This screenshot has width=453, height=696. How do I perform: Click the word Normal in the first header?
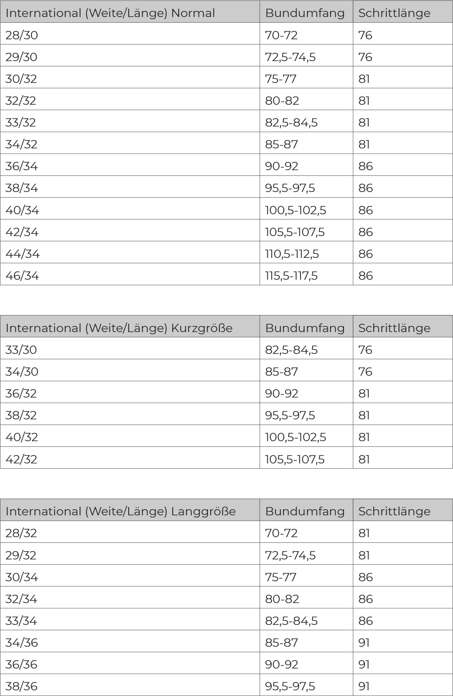tap(193, 13)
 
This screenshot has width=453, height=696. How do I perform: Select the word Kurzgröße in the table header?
tap(201, 328)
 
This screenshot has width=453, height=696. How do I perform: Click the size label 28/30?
tap(21, 35)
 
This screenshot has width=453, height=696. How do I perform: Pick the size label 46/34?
tap(22, 275)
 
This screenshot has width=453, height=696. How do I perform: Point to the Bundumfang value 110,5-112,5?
tap(292, 254)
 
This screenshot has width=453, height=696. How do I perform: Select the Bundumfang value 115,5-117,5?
tap(291, 275)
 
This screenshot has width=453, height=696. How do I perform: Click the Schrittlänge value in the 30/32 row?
tap(364, 79)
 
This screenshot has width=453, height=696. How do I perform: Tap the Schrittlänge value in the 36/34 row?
tap(365, 166)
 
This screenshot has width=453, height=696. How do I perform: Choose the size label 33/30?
tap(21, 350)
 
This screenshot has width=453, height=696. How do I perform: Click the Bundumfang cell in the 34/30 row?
tap(281, 371)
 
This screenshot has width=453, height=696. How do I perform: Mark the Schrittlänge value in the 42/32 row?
tap(364, 459)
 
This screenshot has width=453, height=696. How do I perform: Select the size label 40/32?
tap(21, 437)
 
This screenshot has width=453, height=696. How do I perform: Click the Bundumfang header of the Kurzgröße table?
tap(305, 328)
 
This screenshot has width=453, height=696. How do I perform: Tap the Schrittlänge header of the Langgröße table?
tap(394, 511)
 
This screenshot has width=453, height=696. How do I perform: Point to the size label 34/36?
tap(21, 642)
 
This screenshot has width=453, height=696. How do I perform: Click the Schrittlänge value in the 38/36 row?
tap(364, 686)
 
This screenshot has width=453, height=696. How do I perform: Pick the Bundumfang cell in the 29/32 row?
tap(290, 555)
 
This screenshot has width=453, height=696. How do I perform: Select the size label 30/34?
tap(21, 577)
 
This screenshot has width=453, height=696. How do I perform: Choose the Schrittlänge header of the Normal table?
tap(394, 13)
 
